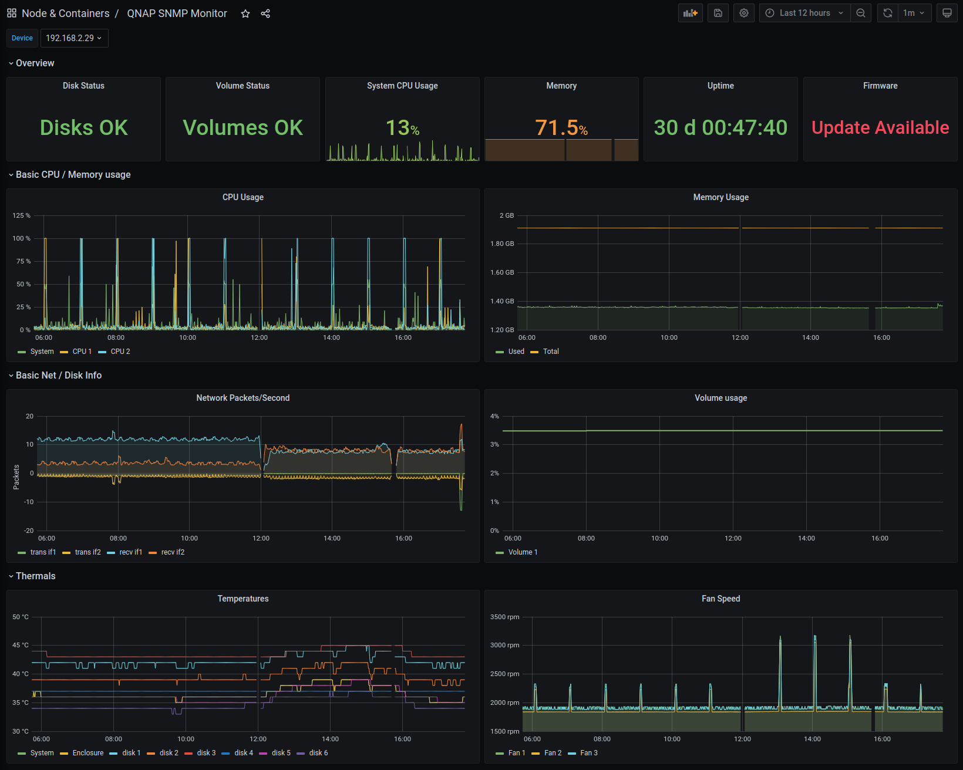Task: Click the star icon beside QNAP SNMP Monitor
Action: coord(245,13)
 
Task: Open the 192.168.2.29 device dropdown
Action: coord(75,38)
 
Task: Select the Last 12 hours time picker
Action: coord(804,13)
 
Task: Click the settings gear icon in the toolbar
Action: coord(744,13)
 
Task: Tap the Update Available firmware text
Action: coord(880,127)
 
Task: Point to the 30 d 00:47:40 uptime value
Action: coord(720,127)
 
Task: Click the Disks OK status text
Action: coord(84,127)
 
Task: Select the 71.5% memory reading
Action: coord(561,127)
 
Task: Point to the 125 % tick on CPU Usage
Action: coord(22,215)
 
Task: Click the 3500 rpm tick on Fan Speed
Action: coord(505,617)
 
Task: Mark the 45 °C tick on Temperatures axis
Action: coord(21,645)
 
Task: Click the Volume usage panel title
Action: coord(720,398)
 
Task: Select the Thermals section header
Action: coord(35,576)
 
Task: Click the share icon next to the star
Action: coord(265,13)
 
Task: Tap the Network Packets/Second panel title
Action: coord(243,398)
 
